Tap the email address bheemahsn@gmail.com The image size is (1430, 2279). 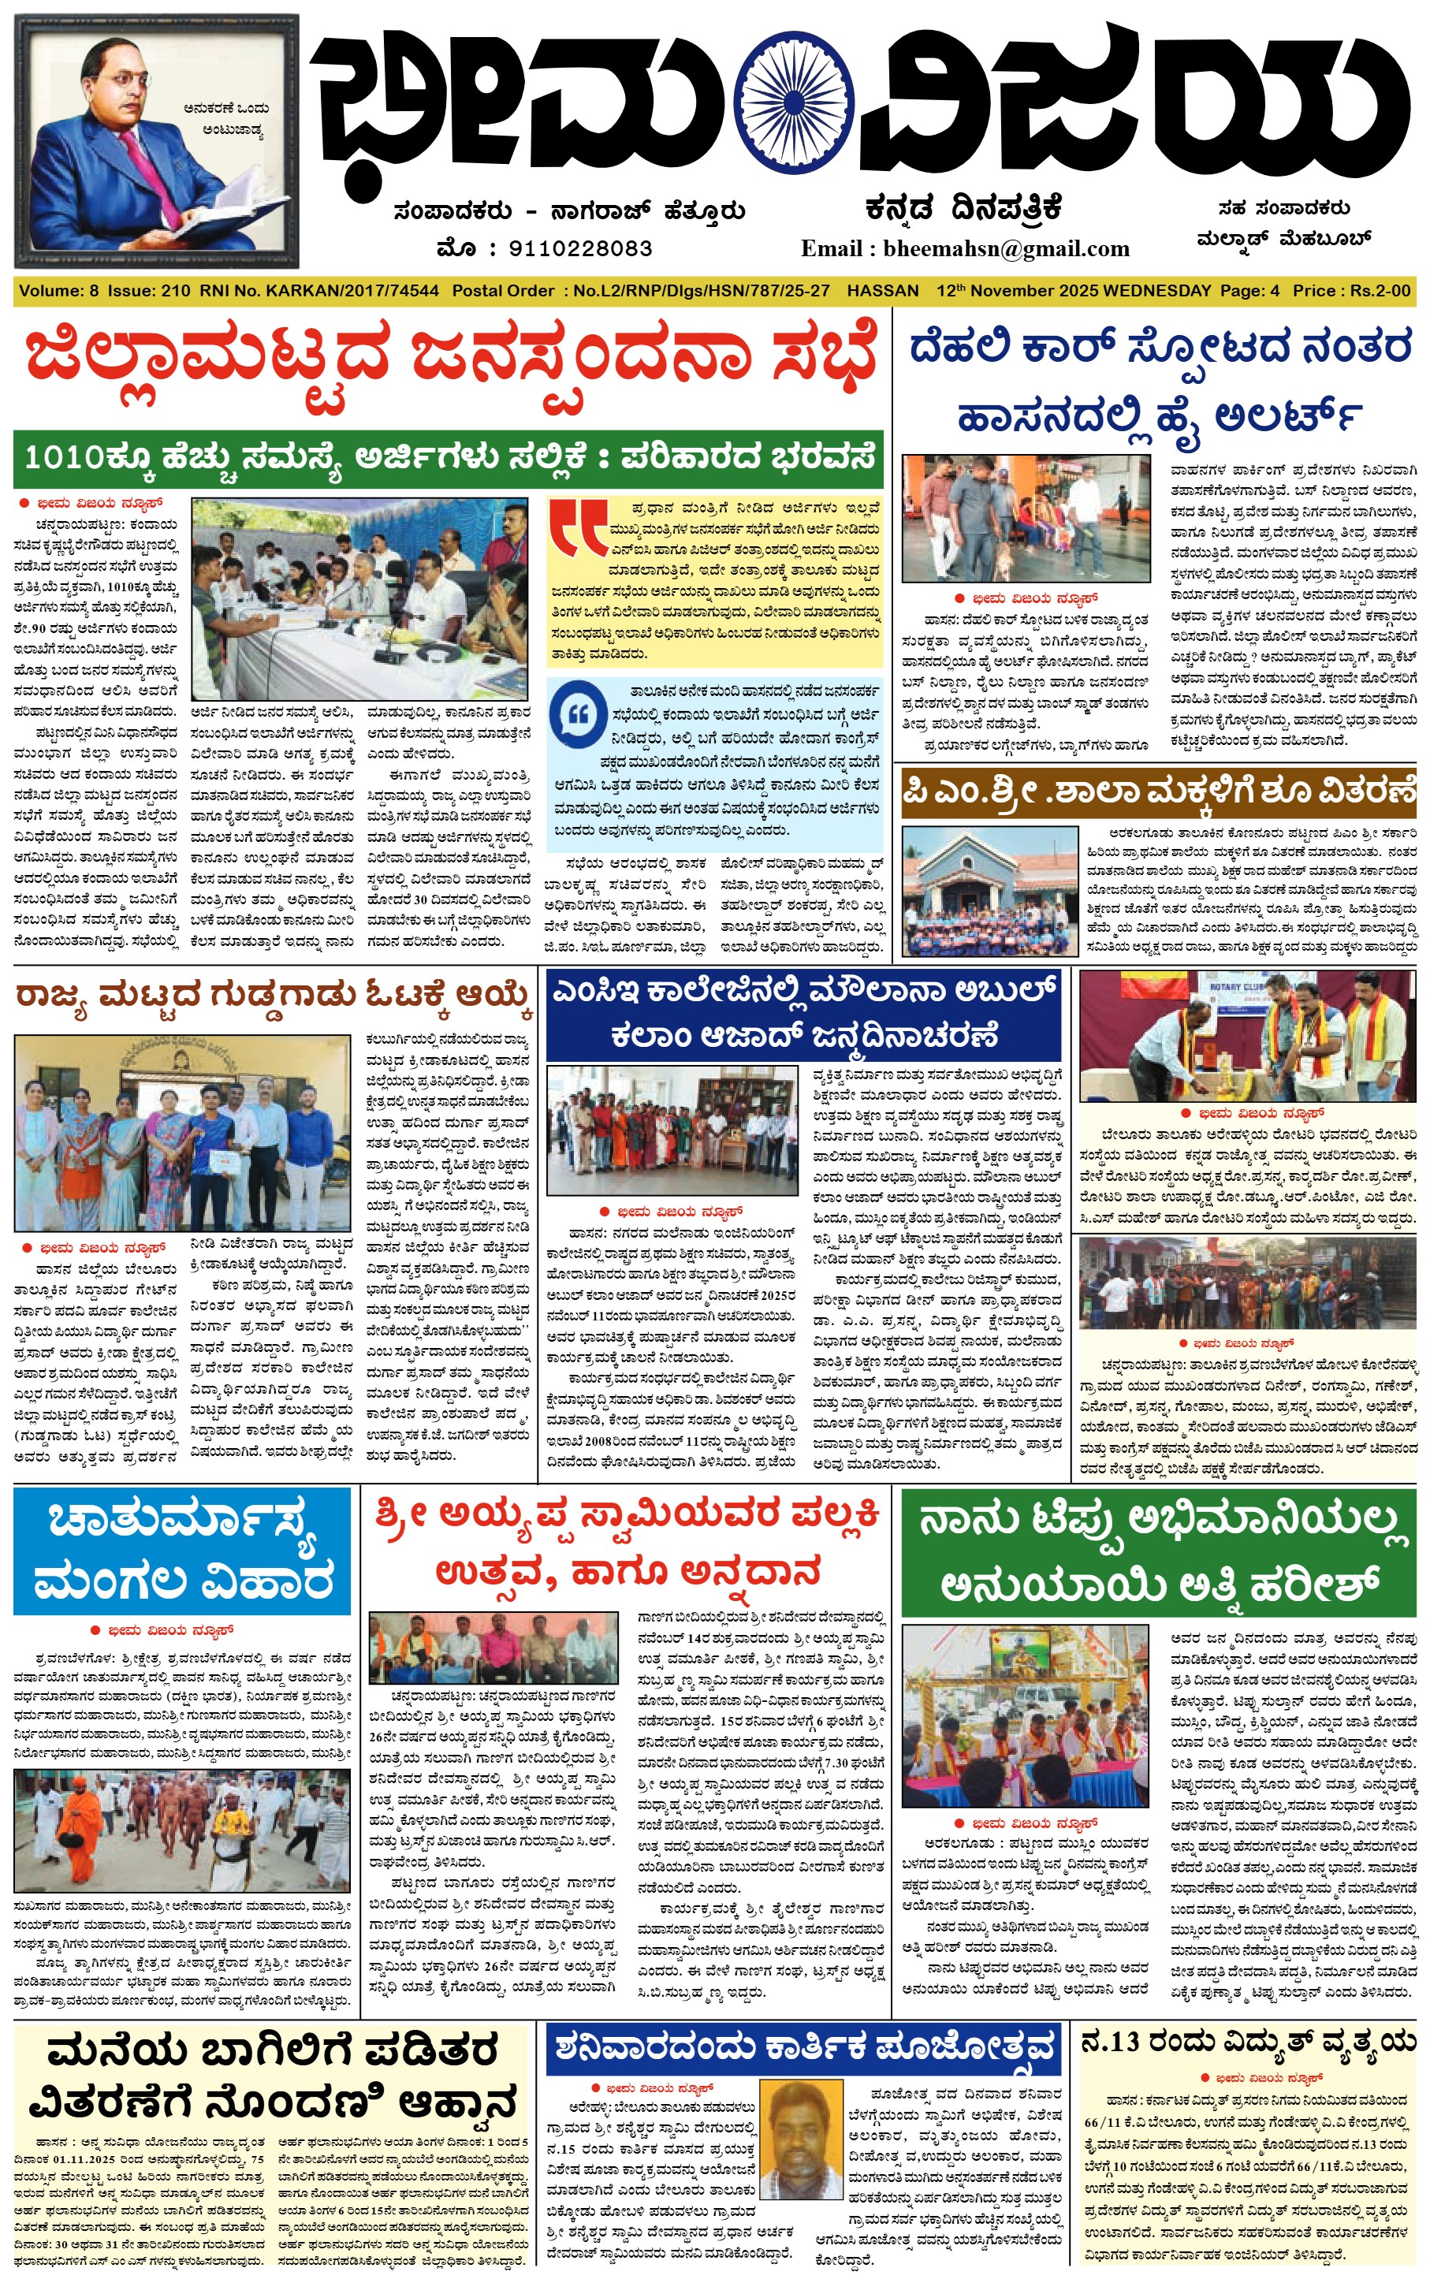pyautogui.click(x=1007, y=248)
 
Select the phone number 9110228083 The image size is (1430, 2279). pyautogui.click(x=581, y=248)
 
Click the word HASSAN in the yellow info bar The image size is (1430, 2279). pyautogui.click(x=882, y=291)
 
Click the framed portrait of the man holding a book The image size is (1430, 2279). pyautogui.click(x=157, y=142)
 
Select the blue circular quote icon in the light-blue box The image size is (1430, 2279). pyautogui.click(x=578, y=715)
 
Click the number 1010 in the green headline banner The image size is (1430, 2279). pyautogui.click(x=63, y=458)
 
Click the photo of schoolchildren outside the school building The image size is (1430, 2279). pyautogui.click(x=989, y=890)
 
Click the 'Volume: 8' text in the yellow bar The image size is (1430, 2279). pyautogui.click(x=58, y=291)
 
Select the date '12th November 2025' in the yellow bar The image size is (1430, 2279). pyautogui.click(x=1017, y=291)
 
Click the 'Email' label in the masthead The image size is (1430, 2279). pyautogui.click(x=830, y=248)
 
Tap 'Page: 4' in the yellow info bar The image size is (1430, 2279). pyautogui.click(x=1249, y=291)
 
